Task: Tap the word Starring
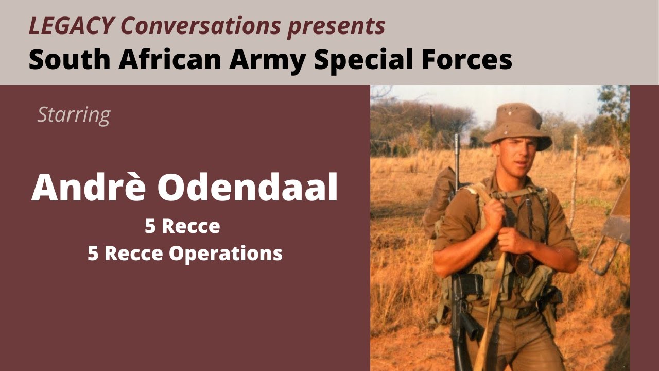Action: pyautogui.click(x=74, y=114)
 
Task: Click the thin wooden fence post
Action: pyautogui.click(x=574, y=180)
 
